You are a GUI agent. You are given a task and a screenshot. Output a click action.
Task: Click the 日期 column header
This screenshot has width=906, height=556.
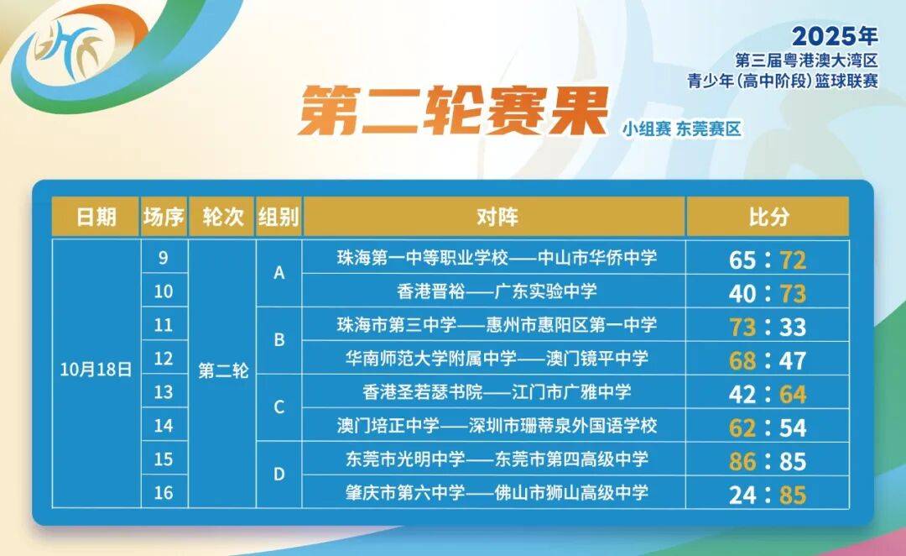click(96, 217)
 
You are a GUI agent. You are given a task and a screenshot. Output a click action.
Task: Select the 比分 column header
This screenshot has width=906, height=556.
click(768, 217)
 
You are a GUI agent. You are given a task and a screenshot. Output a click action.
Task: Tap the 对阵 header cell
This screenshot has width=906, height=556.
click(496, 217)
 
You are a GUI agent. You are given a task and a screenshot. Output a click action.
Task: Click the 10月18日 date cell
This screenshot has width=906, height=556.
click(96, 369)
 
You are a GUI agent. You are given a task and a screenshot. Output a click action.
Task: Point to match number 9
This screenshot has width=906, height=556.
click(164, 257)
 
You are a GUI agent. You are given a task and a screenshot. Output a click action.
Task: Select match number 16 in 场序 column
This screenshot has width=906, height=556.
click(164, 492)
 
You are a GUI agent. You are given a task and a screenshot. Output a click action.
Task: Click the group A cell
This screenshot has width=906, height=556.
click(279, 273)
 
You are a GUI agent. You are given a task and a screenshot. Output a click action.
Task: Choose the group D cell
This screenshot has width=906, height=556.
click(279, 475)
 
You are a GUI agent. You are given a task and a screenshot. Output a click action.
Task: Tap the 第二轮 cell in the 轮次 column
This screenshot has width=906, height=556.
click(223, 370)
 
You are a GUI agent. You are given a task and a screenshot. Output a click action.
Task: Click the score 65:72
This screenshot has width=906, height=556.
click(768, 260)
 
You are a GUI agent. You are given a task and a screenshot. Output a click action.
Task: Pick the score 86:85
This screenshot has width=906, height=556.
click(768, 461)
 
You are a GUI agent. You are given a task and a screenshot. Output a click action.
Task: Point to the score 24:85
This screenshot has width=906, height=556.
click(768, 495)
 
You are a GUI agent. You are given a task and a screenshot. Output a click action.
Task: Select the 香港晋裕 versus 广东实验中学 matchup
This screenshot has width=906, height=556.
click(497, 291)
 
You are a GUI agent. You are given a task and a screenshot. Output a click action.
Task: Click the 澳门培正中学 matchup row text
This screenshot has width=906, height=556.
click(497, 425)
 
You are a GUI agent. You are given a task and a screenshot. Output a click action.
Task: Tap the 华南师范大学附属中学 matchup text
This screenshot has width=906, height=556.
click(497, 358)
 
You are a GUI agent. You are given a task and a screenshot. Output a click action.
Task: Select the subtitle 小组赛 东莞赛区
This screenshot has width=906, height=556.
click(681, 129)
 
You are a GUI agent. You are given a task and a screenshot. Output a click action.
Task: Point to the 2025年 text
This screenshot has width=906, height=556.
click(835, 36)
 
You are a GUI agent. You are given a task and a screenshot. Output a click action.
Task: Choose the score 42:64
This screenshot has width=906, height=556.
click(768, 394)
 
